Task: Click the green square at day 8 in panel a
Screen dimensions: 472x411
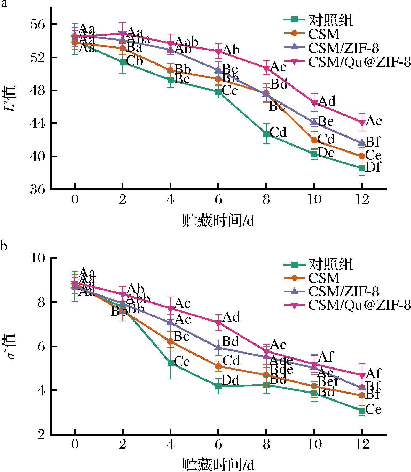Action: (266, 134)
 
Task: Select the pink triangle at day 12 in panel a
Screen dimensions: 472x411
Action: (362, 122)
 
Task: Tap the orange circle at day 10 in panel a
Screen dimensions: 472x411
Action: (314, 140)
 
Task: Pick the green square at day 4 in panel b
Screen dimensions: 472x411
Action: (170, 363)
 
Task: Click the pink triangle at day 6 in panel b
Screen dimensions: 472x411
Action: (218, 323)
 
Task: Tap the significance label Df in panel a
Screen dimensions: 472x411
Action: (373, 167)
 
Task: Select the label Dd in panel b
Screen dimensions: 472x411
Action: (231, 380)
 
